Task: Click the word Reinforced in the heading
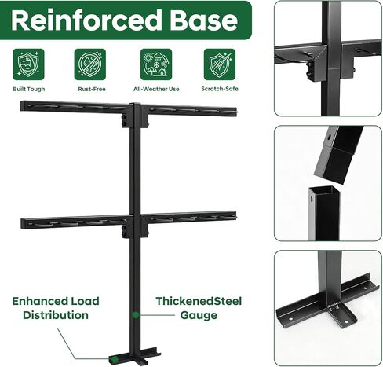[86, 20]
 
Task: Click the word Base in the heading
[204, 20]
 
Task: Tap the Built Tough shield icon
[28, 64]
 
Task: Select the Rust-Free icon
[90, 64]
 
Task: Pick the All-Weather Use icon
[156, 64]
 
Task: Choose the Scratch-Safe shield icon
[220, 64]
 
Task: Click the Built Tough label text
[29, 89]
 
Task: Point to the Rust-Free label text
[92, 89]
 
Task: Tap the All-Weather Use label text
[156, 89]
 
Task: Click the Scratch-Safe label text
[220, 89]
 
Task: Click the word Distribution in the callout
[56, 315]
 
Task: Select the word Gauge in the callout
[199, 315]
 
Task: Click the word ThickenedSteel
[199, 301]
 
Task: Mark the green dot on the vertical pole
[136, 315]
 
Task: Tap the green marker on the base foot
[114, 358]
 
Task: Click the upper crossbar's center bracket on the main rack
[135, 116]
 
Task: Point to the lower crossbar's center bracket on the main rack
[135, 226]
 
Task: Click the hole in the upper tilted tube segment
[329, 137]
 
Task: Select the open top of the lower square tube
[324, 191]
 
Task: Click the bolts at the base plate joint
[334, 306]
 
